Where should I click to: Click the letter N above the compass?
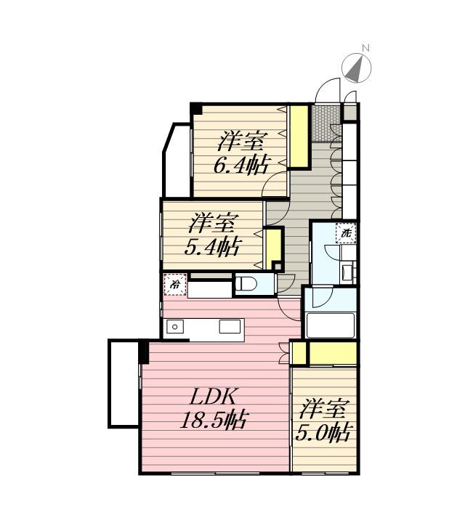(365, 48)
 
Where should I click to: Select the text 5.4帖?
(211, 248)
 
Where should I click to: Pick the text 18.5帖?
(214, 420)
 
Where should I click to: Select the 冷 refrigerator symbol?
(175, 285)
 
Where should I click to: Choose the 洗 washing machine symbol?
(347, 233)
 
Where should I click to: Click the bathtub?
(330, 325)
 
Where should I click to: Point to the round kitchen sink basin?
(174, 327)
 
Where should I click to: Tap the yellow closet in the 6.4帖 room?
(299, 137)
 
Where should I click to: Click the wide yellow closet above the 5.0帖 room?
(332, 353)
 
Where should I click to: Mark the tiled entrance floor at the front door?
(326, 123)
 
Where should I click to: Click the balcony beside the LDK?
(123, 384)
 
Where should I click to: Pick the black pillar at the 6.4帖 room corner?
(195, 109)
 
